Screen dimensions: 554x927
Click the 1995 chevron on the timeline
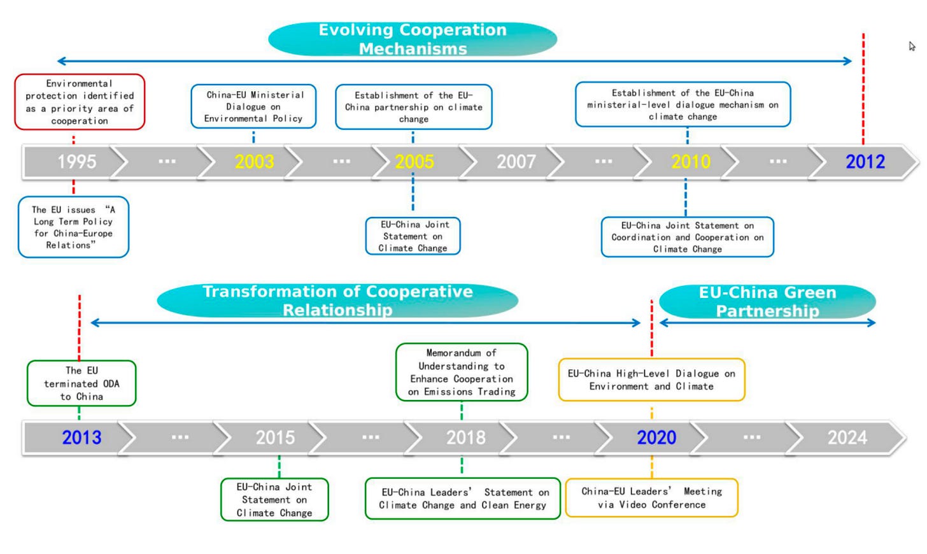(x=76, y=162)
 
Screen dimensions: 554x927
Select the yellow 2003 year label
(x=254, y=162)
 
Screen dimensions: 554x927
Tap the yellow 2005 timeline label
(x=414, y=162)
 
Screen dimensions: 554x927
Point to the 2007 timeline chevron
(x=516, y=162)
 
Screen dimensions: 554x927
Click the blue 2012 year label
(x=865, y=162)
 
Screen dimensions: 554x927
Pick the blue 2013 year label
(x=81, y=437)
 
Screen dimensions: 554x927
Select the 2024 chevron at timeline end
(x=847, y=437)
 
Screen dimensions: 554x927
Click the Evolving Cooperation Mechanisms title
(x=413, y=39)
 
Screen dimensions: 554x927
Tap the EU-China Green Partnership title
(x=767, y=301)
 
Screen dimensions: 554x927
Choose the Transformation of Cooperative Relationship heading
(x=337, y=301)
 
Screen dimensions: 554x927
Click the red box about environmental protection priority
(x=80, y=102)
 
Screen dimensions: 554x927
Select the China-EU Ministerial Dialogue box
(x=254, y=106)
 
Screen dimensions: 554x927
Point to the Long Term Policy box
(x=73, y=227)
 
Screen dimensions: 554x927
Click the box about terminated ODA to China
(x=81, y=383)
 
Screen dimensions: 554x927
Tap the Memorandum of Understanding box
(x=462, y=372)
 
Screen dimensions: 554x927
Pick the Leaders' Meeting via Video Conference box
(x=651, y=498)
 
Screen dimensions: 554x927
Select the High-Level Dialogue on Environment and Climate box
(x=651, y=380)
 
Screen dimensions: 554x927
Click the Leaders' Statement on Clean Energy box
(x=463, y=499)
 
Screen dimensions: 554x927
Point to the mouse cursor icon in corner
(x=912, y=46)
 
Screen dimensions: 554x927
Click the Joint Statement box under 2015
(x=274, y=500)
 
